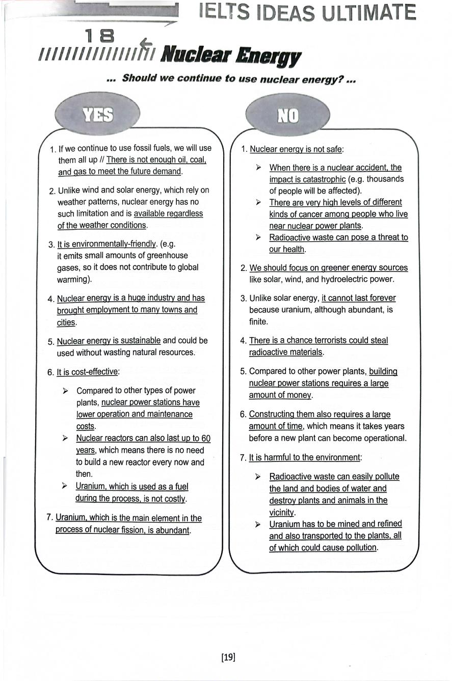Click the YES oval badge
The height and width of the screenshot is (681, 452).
pos(98,115)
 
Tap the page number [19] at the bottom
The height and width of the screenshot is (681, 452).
pos(228,657)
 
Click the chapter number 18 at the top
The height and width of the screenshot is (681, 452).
pos(99,36)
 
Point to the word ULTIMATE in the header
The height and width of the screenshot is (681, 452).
pos(368,12)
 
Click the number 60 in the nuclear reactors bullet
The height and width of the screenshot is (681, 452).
pos(205,439)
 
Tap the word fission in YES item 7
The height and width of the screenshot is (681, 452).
pos(156,530)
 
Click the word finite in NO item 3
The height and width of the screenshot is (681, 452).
pos(258,321)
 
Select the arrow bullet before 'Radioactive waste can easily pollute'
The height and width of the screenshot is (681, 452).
pos(258,477)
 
